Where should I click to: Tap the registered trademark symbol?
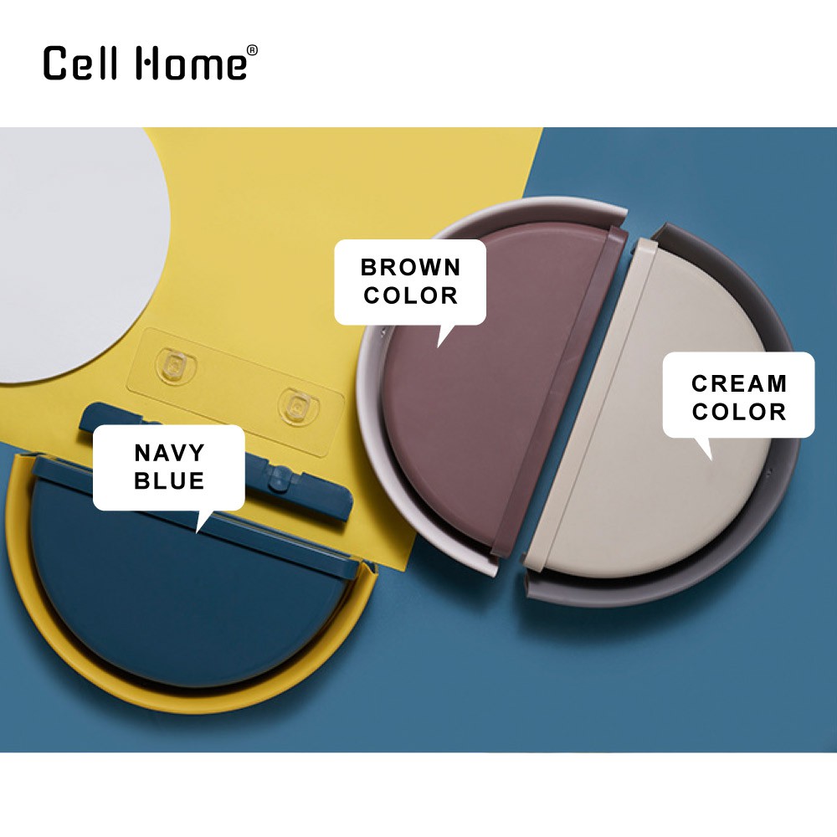(253, 50)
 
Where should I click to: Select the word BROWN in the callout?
(410, 268)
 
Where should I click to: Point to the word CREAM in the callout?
(739, 383)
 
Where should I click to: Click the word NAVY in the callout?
(169, 453)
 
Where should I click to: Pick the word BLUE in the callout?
(169, 481)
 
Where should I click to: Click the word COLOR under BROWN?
(410, 295)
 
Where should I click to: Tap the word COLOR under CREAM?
(739, 412)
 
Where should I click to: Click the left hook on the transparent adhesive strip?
(175, 366)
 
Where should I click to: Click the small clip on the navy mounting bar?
(278, 477)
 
